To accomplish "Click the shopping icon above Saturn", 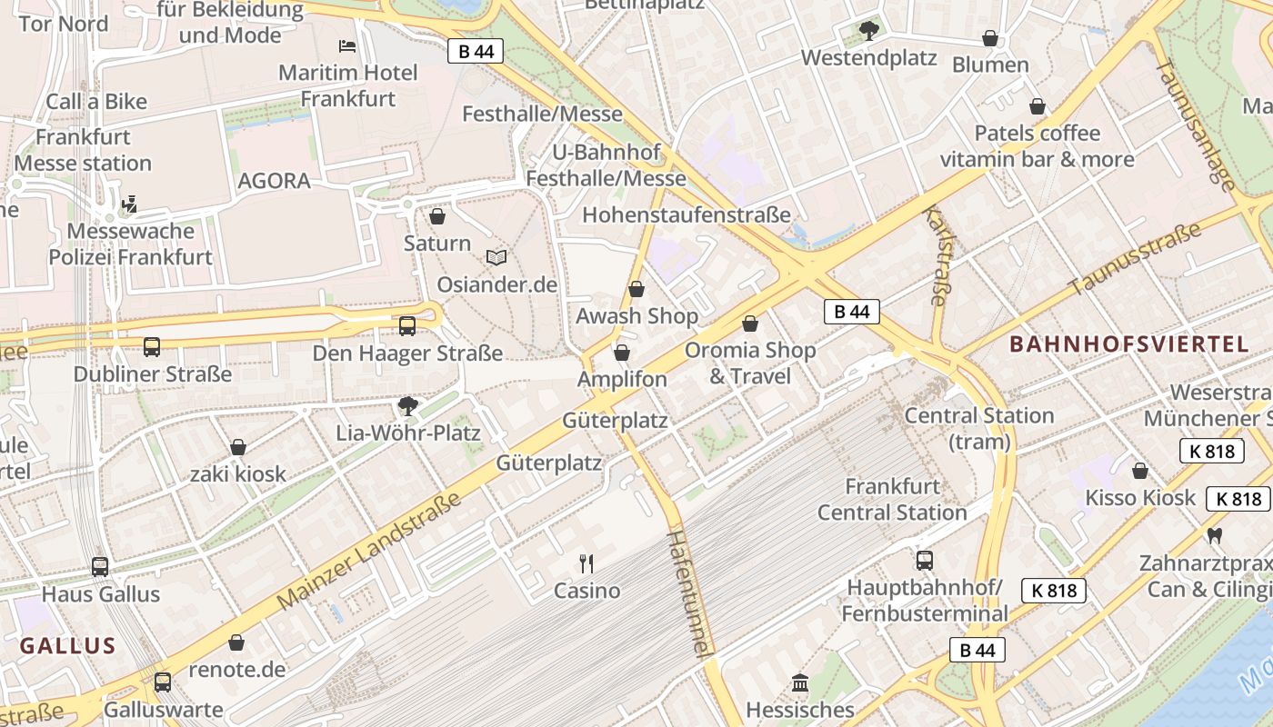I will click(437, 216).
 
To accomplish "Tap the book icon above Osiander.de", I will click(496, 258).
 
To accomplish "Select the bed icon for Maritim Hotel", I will click(347, 45).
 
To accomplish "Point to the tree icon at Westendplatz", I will click(868, 31).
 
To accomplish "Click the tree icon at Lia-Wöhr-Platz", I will click(408, 405).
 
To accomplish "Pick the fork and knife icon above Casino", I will click(586, 563).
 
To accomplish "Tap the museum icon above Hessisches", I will click(800, 682).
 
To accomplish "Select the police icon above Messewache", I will click(130, 204).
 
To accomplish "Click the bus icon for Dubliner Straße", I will click(152, 346).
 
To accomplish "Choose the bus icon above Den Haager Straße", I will click(407, 325).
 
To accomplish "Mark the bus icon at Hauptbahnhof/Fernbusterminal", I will click(925, 560).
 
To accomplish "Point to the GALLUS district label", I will click(68, 646).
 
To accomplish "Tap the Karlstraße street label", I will click(934, 255).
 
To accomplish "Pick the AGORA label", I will click(274, 181).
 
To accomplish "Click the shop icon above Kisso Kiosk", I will click(1140, 471).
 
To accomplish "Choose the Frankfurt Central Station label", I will click(892, 499).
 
